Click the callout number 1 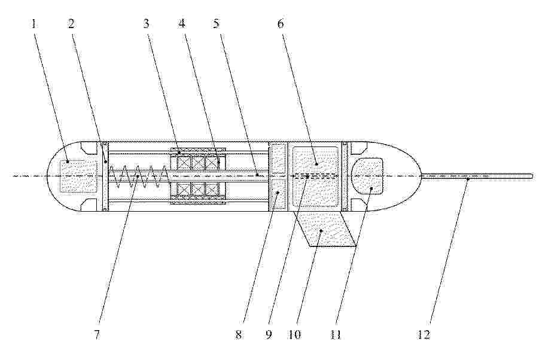[x=34, y=24]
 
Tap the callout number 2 [x=71, y=24]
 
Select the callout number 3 [x=147, y=24]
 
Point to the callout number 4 [x=182, y=24]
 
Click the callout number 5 [x=217, y=24]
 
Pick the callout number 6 [x=281, y=24]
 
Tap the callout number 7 [x=97, y=334]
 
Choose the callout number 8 [x=239, y=334]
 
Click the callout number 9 [x=269, y=334]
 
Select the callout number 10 [x=294, y=334]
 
